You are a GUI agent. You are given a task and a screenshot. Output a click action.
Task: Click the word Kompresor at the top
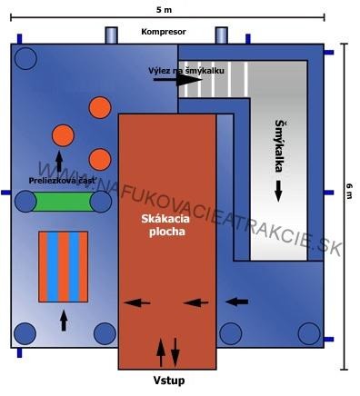click(164, 32)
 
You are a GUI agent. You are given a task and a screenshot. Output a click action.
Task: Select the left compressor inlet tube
click(112, 35)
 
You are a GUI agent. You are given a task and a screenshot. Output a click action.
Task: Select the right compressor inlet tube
click(221, 35)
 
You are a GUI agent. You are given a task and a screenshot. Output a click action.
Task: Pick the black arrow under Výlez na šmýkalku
click(177, 81)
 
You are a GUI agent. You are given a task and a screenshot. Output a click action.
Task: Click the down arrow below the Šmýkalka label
click(279, 191)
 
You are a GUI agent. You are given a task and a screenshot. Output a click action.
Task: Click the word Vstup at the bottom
click(168, 380)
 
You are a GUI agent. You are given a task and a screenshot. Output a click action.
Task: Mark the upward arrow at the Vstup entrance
click(162, 352)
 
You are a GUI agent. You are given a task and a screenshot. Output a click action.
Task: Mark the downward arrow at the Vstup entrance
click(175, 352)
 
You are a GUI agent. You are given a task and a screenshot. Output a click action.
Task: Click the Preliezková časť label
click(61, 181)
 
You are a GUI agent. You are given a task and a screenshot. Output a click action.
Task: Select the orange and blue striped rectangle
click(64, 267)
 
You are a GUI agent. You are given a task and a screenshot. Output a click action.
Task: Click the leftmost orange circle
click(63, 135)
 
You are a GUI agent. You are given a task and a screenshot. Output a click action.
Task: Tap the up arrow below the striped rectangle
click(64, 319)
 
